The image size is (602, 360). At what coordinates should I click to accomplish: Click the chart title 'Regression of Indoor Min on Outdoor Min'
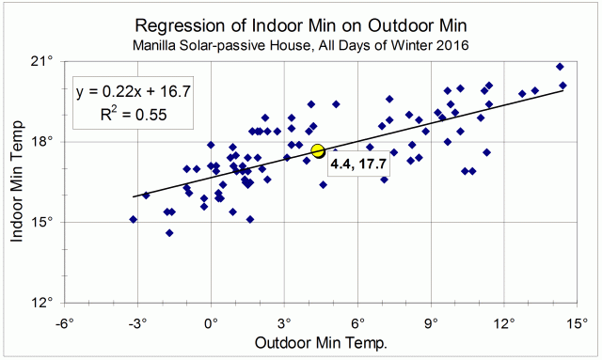pyautogui.click(x=300, y=23)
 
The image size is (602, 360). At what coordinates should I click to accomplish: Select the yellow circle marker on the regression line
pyautogui.click(x=318, y=150)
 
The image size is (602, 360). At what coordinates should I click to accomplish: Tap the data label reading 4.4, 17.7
pyautogui.click(x=359, y=166)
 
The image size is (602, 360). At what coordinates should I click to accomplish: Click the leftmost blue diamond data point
pyautogui.click(x=134, y=219)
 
